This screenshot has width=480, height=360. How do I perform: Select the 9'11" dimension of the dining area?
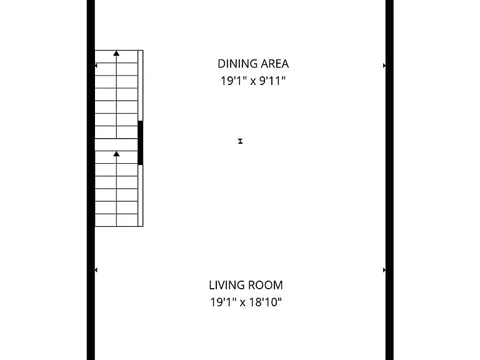point(272,81)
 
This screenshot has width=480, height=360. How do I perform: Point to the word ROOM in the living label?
point(266,285)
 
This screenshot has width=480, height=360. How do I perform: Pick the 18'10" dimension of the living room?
point(265,302)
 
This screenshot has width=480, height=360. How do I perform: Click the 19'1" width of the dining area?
point(234,81)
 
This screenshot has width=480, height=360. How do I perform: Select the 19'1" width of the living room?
point(223,302)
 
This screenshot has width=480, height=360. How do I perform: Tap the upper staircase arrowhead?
point(116,54)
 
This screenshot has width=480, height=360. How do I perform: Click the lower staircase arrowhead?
point(116,154)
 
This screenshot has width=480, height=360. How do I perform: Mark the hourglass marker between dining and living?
point(240,141)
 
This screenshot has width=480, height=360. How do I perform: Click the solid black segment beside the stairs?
point(141,142)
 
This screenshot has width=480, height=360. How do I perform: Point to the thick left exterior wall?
point(91,180)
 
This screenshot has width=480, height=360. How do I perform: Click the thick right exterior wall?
point(389,180)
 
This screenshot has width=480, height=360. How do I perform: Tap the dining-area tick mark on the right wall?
point(384,66)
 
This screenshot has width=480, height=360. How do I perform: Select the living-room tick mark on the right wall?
point(384,270)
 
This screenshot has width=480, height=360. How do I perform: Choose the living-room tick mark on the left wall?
point(96,270)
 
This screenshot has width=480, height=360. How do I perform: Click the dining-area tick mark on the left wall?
point(96,66)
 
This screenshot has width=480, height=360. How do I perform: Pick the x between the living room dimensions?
point(242,303)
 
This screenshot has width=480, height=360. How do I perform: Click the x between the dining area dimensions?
point(253,82)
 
